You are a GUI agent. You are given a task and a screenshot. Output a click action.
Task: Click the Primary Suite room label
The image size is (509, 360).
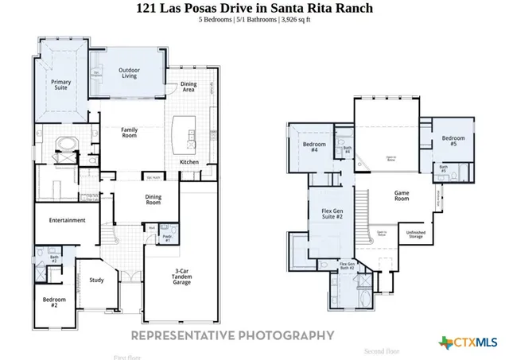click(x=60, y=85)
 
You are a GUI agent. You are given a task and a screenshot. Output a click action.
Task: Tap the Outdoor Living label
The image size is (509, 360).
click(x=130, y=74)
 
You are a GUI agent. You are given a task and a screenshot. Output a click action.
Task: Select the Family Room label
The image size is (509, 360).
click(x=130, y=132)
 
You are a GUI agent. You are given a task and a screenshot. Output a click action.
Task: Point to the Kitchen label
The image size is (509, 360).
click(x=188, y=162)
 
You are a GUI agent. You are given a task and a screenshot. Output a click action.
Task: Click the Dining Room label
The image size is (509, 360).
click(x=153, y=199)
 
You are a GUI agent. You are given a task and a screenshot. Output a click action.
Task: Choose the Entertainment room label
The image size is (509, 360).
click(x=67, y=220)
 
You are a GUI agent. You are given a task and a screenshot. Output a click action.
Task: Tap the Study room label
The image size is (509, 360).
click(x=96, y=280)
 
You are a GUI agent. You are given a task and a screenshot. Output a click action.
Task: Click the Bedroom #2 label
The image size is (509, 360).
click(x=54, y=302)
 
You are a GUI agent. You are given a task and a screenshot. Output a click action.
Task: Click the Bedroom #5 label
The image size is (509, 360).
click(x=453, y=141)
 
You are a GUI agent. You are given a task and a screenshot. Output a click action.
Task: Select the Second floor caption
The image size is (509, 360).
click(x=381, y=350)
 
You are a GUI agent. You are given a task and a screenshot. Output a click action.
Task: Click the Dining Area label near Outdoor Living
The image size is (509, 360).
click(x=188, y=86)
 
